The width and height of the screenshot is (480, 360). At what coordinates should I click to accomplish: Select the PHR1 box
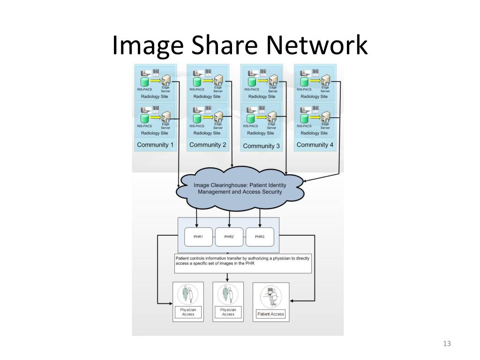coord(198,237)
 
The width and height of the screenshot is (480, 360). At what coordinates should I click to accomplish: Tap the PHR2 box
coord(229,237)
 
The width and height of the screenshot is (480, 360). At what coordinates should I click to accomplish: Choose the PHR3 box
coord(260,237)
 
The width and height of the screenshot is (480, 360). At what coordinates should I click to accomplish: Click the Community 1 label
coord(155,145)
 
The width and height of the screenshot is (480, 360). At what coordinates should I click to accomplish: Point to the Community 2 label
coord(208,145)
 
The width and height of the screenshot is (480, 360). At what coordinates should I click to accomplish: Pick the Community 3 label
coord(262,146)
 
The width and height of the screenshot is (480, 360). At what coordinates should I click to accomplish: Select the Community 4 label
coord(315,145)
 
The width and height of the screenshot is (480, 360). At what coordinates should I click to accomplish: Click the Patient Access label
coord(271,314)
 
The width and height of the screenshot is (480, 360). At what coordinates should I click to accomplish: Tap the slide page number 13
coord(446,344)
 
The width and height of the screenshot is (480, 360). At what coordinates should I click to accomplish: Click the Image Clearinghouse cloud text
coord(240,188)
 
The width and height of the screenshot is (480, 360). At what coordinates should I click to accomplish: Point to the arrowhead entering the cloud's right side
coord(305,181)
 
